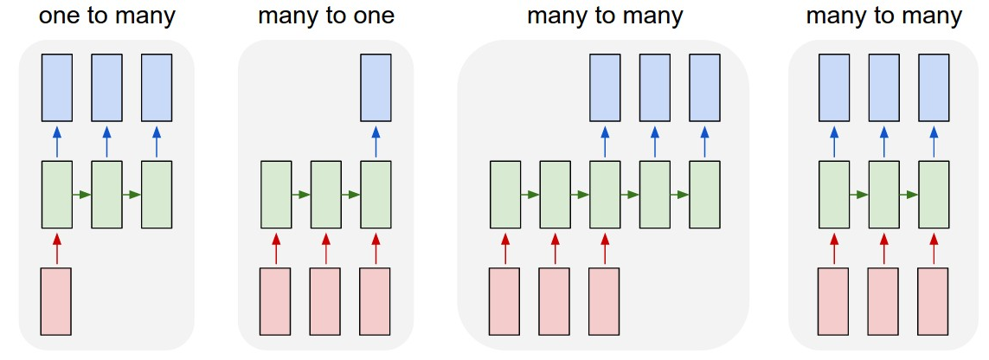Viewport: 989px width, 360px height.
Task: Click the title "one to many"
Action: (107, 16)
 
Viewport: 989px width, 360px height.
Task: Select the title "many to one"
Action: (326, 16)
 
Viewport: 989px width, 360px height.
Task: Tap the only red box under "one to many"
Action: (57, 300)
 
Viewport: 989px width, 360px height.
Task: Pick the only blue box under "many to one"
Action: (376, 87)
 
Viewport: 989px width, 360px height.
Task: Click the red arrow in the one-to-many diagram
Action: (57, 247)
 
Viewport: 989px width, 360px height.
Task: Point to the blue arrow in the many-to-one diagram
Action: (376, 141)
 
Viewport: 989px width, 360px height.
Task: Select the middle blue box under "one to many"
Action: (107, 87)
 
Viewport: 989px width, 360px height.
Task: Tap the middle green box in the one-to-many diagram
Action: (107, 194)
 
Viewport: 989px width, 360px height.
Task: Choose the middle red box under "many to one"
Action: (326, 300)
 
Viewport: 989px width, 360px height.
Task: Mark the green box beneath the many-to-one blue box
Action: (376, 194)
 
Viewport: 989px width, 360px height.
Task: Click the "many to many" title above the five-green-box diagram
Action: (605, 16)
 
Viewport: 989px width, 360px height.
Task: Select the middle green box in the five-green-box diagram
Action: (605, 194)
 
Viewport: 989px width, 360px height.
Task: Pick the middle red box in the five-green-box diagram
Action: (555, 300)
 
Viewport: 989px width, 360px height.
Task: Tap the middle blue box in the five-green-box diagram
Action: (654, 87)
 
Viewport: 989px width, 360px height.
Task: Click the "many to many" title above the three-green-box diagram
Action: (883, 16)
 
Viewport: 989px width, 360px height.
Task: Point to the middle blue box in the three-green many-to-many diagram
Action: (883, 87)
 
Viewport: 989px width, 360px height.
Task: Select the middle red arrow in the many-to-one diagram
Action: (326, 247)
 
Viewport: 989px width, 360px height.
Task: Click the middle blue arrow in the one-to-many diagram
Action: (107, 141)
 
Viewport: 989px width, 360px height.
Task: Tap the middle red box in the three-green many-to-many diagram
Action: (883, 300)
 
